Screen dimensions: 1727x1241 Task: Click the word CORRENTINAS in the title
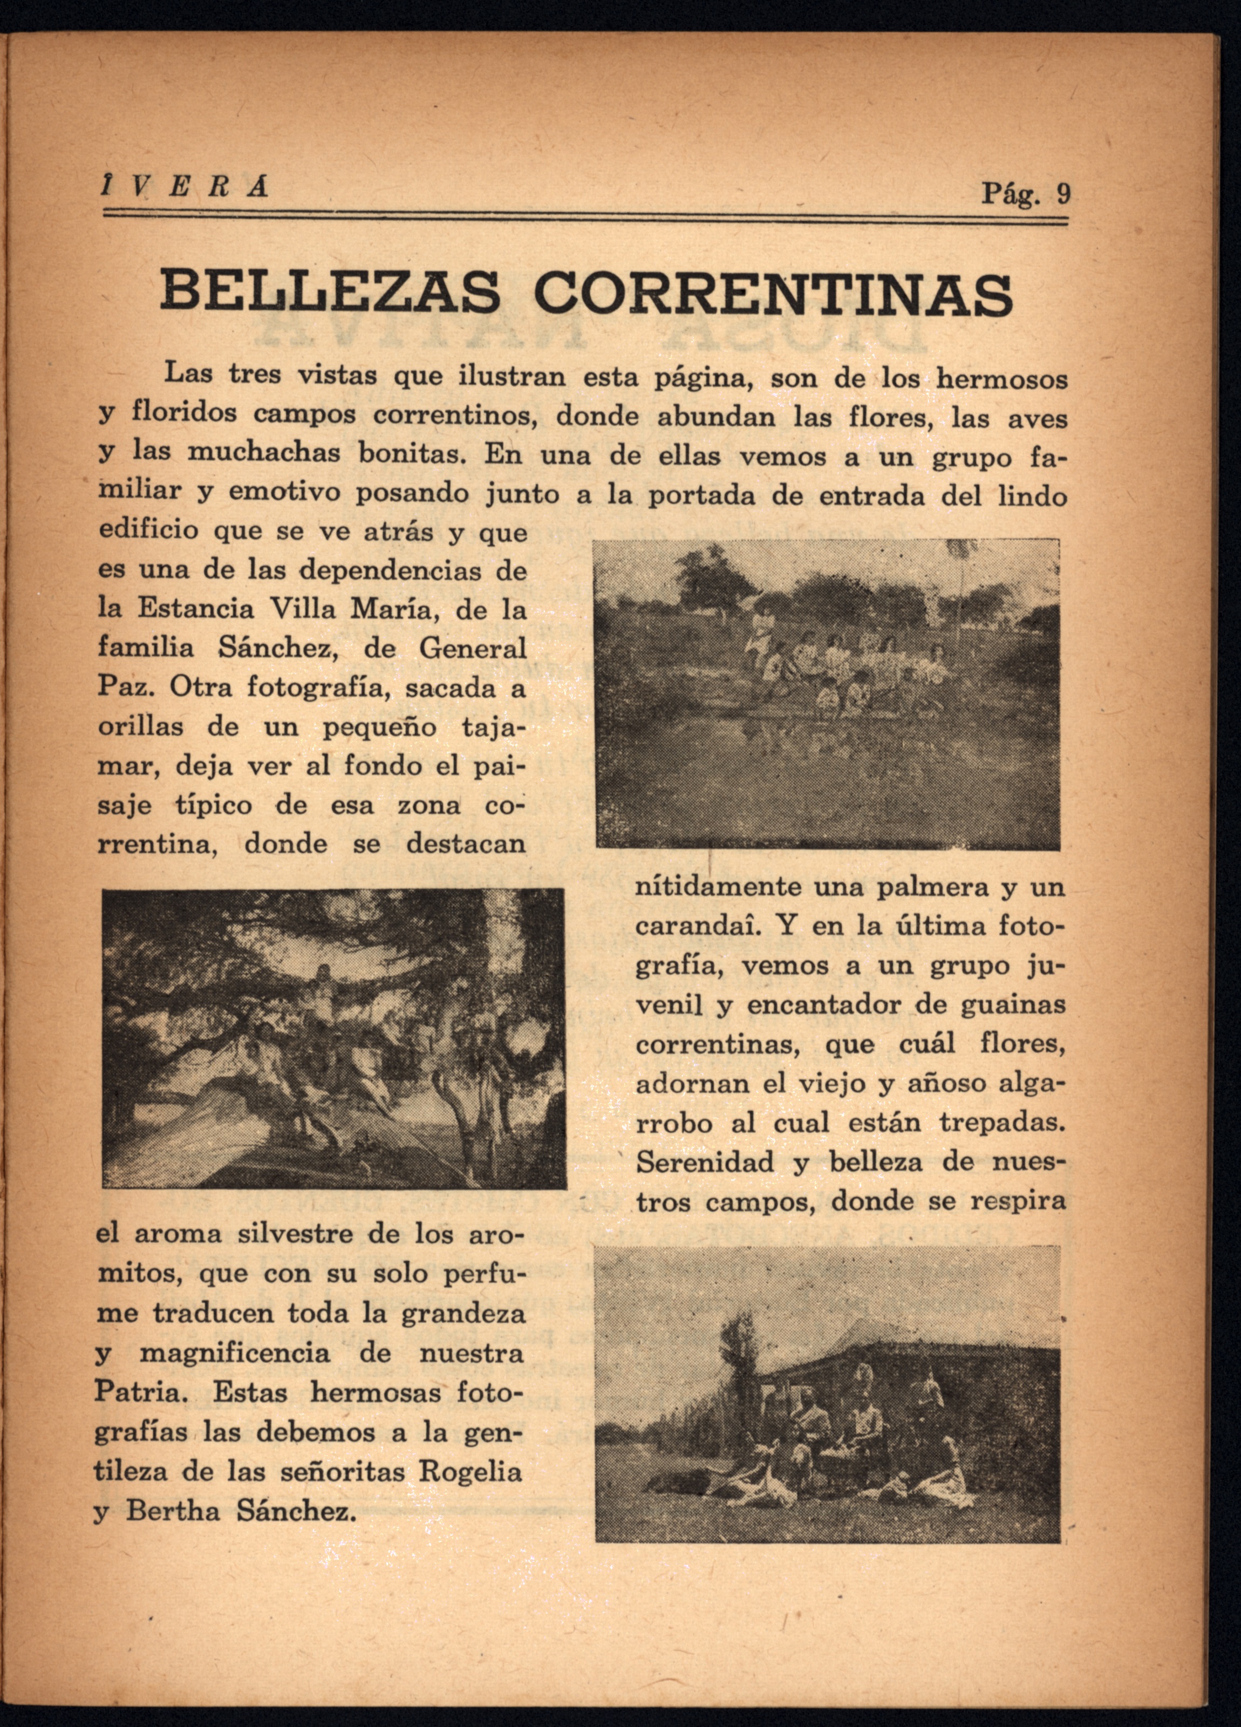pos(773,293)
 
